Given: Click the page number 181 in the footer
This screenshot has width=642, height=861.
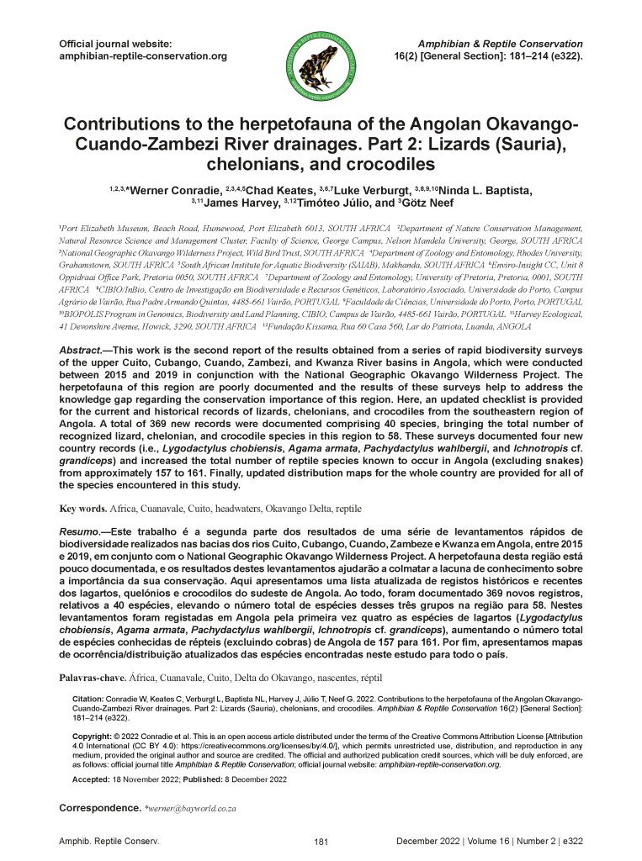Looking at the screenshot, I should coord(320,841).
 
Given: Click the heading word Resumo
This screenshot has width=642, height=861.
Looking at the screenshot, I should coord(79,533).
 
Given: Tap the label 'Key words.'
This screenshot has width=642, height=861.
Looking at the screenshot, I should coord(82,509).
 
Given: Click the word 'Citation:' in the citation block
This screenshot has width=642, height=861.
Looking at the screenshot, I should coord(87,700).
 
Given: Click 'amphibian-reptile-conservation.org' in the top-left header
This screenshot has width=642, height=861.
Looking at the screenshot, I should coord(143,56).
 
